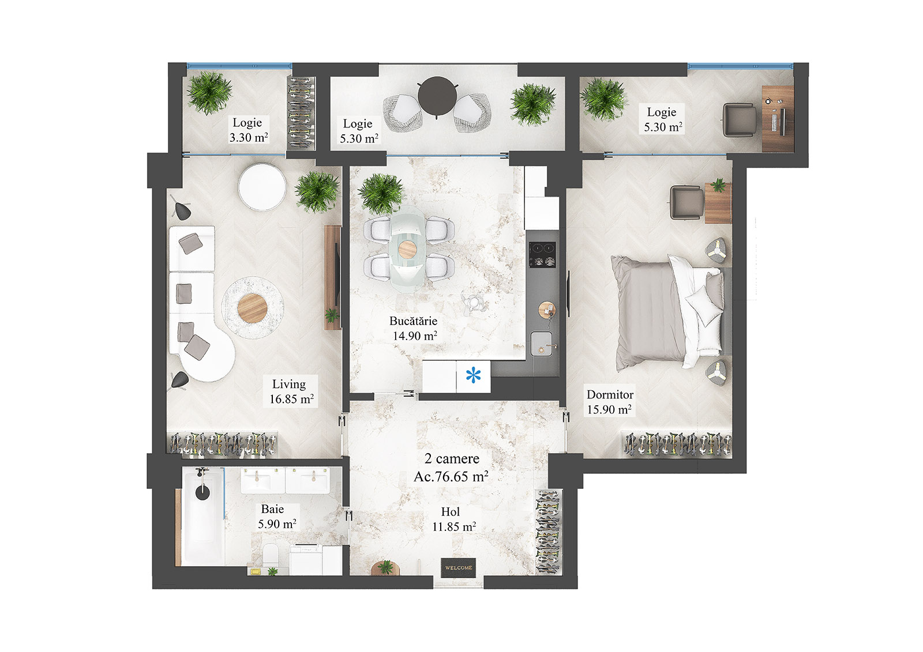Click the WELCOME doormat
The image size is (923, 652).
pyautogui.click(x=459, y=567)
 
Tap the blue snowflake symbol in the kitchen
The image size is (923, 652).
pyautogui.click(x=473, y=376)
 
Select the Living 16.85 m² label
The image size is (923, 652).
pyautogui.click(x=291, y=391)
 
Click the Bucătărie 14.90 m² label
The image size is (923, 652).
pyautogui.click(x=414, y=329)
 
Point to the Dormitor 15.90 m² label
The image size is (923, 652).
pyautogui.click(x=609, y=402)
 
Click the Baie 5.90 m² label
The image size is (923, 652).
pyautogui.click(x=276, y=517)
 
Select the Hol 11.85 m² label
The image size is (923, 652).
pyautogui.click(x=453, y=519)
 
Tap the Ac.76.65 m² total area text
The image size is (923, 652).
pyautogui.click(x=451, y=477)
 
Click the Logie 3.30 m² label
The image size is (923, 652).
pyautogui.click(x=248, y=130)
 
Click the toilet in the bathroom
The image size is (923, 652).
pyautogui.click(x=269, y=556)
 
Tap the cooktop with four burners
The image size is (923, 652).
pyautogui.click(x=542, y=254)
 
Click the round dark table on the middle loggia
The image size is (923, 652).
pyautogui.click(x=437, y=96)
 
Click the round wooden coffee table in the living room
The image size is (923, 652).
pyautogui.click(x=252, y=308)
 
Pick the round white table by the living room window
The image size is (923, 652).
pyautogui.click(x=262, y=187)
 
